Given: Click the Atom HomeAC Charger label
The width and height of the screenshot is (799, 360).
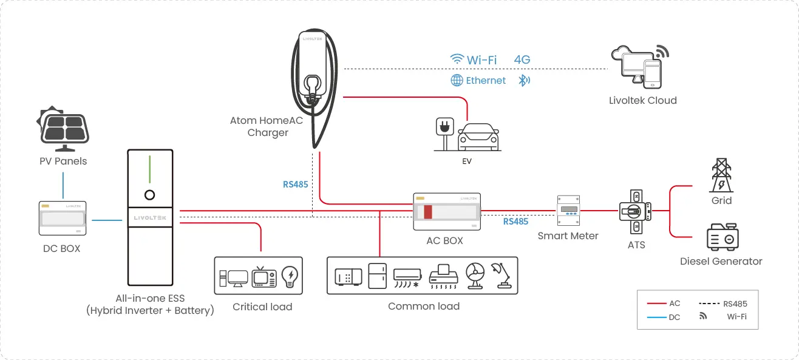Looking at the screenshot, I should point(267,126).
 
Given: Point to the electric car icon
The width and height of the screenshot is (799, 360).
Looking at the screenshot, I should point(478,137).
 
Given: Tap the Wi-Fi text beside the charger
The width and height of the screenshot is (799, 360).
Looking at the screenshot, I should point(481,59).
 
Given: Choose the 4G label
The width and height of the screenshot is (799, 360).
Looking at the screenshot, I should point(522,59).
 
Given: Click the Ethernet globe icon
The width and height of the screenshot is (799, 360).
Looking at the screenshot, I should point(457,80).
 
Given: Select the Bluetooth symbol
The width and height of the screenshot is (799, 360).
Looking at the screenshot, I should point(523,80).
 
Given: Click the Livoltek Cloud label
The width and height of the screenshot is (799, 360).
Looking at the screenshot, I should point(642,100).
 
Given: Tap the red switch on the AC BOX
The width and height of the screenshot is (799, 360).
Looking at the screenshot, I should point(427,212).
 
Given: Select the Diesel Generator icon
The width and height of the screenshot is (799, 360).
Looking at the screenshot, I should point(721,237).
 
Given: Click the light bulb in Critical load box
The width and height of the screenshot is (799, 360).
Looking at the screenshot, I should point(290,277).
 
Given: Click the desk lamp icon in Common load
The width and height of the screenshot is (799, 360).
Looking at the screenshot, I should point(503,276).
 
